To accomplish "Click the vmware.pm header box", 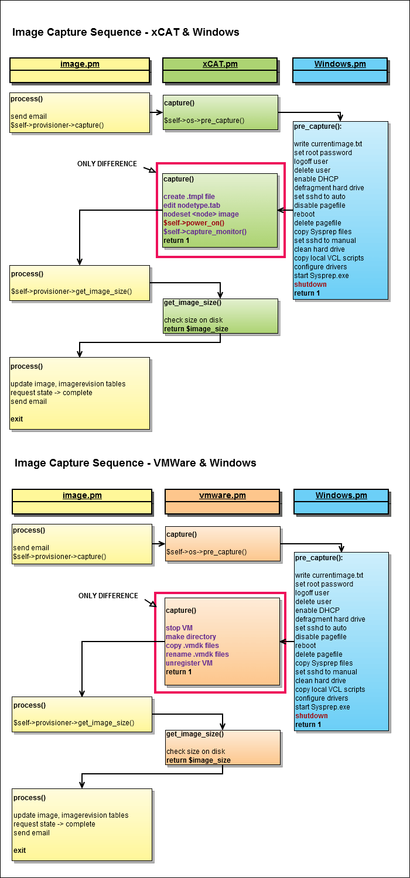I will (x=222, y=501).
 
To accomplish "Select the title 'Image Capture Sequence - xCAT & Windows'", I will (x=125, y=32).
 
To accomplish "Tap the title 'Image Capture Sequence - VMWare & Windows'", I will (x=135, y=463).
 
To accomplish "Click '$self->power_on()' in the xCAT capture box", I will (x=194, y=223).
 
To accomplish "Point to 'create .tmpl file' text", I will (x=189, y=197).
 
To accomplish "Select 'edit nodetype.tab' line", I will (x=192, y=205).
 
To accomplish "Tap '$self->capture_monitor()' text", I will (x=205, y=232).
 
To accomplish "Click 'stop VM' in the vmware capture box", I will (x=179, y=627).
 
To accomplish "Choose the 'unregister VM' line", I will (x=189, y=663).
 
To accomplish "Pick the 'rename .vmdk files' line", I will (x=197, y=654).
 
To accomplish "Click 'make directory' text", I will (x=191, y=636).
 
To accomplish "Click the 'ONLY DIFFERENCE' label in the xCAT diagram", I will (x=107, y=164).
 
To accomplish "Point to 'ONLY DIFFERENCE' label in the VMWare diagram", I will (x=108, y=596).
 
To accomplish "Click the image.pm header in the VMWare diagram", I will (x=82, y=501).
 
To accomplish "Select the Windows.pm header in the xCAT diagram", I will (x=340, y=70).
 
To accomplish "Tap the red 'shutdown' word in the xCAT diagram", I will (x=310, y=284).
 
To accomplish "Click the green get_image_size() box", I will (x=220, y=316).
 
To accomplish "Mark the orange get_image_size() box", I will (x=223, y=747).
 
